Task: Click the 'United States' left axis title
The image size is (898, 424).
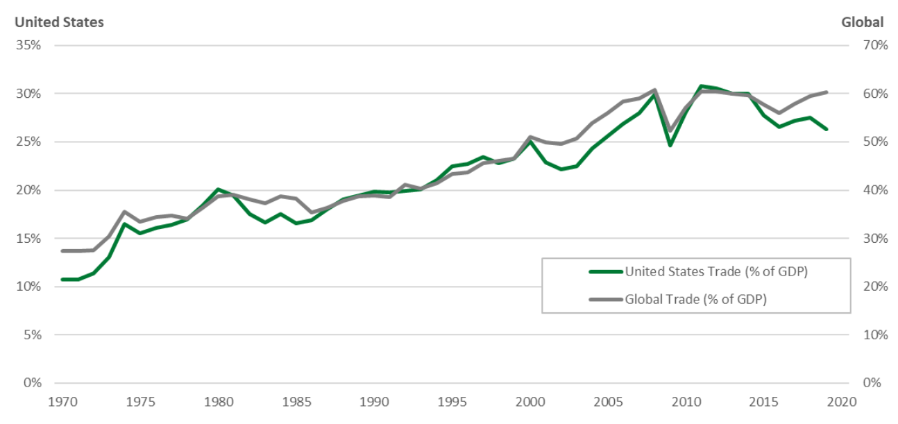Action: tap(59, 22)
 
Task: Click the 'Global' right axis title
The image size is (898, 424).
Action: tap(862, 22)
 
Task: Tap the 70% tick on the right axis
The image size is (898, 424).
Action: tap(875, 45)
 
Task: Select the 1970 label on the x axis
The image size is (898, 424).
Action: tap(63, 402)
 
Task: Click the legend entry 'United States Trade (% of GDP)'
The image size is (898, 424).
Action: tap(716, 272)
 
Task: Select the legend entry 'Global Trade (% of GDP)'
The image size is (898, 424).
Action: tap(700, 299)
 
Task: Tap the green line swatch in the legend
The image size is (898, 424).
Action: tap(606, 272)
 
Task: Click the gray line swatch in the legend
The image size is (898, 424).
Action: tap(606, 299)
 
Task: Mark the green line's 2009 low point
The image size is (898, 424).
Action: tap(670, 145)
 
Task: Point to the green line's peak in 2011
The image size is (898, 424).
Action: tap(702, 86)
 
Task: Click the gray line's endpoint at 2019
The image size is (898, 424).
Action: tap(827, 92)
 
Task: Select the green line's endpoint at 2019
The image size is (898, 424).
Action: tap(827, 129)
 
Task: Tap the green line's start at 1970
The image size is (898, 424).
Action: tap(63, 279)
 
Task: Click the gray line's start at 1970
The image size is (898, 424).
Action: tap(63, 251)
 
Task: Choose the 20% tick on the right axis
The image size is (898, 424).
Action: tap(875, 287)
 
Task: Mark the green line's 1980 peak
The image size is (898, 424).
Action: tap(219, 189)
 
